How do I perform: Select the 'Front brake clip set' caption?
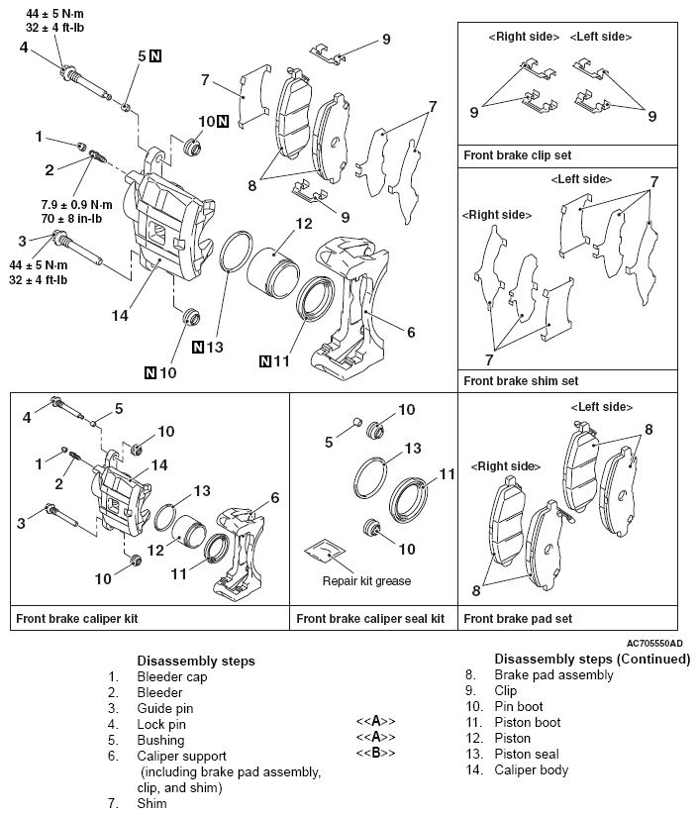pyautogui.click(x=517, y=155)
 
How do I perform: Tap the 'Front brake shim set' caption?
pyautogui.click(x=521, y=380)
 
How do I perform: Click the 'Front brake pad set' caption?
pyautogui.click(x=518, y=619)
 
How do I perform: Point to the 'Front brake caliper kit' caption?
pyautogui.click(x=76, y=619)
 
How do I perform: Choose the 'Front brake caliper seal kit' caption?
pyautogui.click(x=369, y=619)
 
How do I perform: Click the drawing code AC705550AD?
pyautogui.click(x=654, y=643)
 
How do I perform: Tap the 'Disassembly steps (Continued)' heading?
pyautogui.click(x=579, y=660)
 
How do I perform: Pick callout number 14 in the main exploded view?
pyautogui.click(x=120, y=316)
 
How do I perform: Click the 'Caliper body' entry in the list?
pyautogui.click(x=532, y=769)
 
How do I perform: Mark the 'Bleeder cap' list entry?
pyautogui.click(x=172, y=676)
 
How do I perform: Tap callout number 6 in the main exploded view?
pyautogui.click(x=410, y=334)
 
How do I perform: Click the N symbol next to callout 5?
pyautogui.click(x=155, y=56)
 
